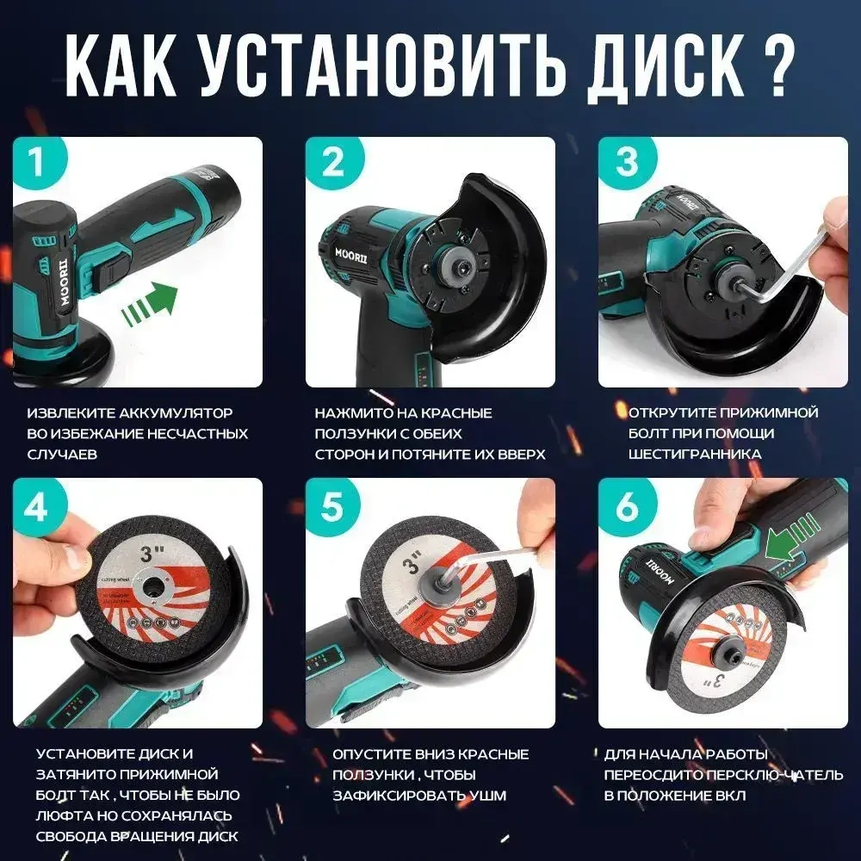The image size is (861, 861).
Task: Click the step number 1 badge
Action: point(36,162)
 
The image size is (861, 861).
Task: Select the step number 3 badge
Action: point(626,162)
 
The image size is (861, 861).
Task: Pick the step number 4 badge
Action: point(36,507)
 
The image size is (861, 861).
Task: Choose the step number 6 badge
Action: point(626,507)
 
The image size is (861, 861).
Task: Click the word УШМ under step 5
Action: point(490,795)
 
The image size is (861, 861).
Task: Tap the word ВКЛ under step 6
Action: point(727,796)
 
